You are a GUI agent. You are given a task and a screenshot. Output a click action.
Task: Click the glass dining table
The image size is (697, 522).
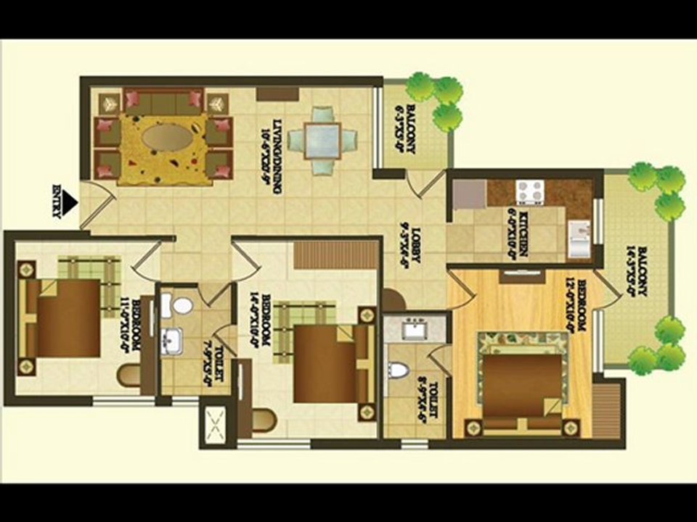click(x=322, y=140)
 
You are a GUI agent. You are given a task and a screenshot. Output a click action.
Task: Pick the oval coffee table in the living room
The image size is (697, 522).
click(x=167, y=136)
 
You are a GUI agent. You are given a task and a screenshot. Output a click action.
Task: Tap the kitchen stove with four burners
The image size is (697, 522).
click(x=530, y=192)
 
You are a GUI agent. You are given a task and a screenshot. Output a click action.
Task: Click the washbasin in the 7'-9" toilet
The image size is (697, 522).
click(x=172, y=339)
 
